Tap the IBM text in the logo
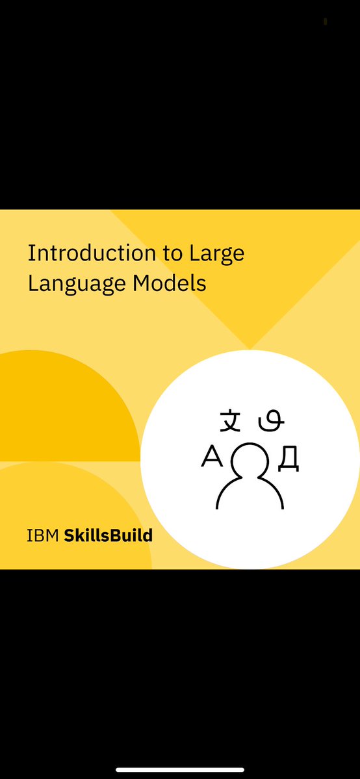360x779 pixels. pos(43,536)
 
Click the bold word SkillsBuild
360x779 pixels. pos(108,536)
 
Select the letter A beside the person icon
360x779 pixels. pos(212,458)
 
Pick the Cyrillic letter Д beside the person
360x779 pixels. pos(288,459)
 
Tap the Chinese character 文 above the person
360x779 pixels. pos(230,421)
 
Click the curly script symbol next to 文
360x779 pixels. pos(272,422)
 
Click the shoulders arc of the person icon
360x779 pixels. pos(250,494)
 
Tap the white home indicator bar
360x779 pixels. pos(180,770)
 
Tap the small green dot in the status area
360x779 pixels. pos(325,21)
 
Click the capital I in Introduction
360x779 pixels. pos(30,253)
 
